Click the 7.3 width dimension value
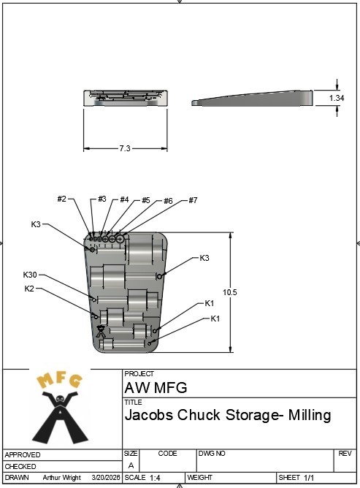click(125, 148)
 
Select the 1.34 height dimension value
click(337, 98)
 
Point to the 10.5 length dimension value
click(229, 292)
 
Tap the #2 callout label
click(62, 199)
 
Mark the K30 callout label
click(30, 275)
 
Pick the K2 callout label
click(29, 289)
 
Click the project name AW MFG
click(156, 388)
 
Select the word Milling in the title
click(310, 415)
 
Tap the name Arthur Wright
click(61, 478)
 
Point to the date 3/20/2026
click(106, 478)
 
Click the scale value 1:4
click(155, 478)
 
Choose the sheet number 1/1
click(309, 478)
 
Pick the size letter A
click(131, 465)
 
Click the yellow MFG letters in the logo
click(60, 380)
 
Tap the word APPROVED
click(23, 454)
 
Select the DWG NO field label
click(212, 454)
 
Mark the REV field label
click(345, 454)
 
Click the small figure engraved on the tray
click(100, 332)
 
